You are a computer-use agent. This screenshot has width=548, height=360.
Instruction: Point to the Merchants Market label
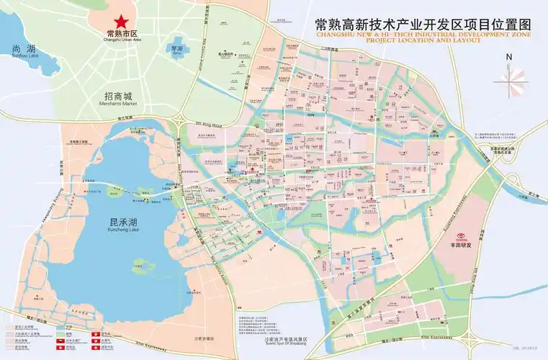118,104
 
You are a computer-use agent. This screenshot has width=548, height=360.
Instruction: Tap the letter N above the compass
509,58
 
